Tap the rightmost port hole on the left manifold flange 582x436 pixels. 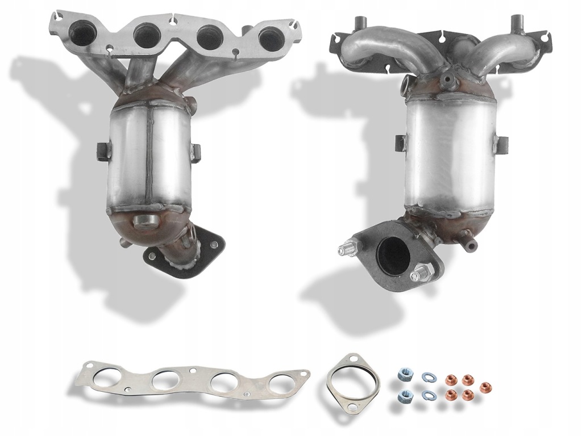[x=271, y=37]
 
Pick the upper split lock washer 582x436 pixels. [x=427, y=377]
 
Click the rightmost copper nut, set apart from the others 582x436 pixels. [x=485, y=388]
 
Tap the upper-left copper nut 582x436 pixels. [x=451, y=379]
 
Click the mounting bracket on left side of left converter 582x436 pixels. [x=102, y=151]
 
